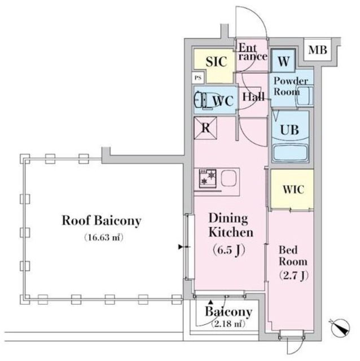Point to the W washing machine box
283,61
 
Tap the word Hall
253,97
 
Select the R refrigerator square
206,128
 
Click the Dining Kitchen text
231,225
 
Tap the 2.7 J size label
292,275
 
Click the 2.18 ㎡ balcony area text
227,324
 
